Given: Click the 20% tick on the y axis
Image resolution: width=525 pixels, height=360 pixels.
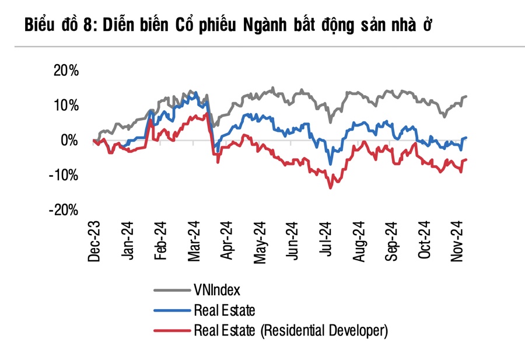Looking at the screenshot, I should point(66,71).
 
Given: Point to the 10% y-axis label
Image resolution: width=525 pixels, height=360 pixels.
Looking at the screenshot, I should point(66,106).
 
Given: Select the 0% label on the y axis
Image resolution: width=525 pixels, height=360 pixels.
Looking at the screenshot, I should point(69,141).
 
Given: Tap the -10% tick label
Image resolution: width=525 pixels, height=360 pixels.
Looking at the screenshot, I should point(64,176).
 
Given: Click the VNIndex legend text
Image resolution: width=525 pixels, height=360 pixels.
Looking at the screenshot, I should point(216,289).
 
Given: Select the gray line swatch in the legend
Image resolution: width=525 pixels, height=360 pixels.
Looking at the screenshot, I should point(171,290).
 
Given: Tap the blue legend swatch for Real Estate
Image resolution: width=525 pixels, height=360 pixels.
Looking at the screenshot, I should point(171,310).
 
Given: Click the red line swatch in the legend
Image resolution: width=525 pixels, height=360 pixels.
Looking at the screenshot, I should point(171,331).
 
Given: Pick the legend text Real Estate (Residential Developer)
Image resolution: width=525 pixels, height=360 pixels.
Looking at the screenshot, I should point(290,331).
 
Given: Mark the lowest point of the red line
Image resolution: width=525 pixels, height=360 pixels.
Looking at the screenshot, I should point(331,187).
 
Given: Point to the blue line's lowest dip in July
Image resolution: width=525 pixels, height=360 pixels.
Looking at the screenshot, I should point(331,164).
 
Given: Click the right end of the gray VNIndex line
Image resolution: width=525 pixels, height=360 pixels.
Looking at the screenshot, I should point(467,96).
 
